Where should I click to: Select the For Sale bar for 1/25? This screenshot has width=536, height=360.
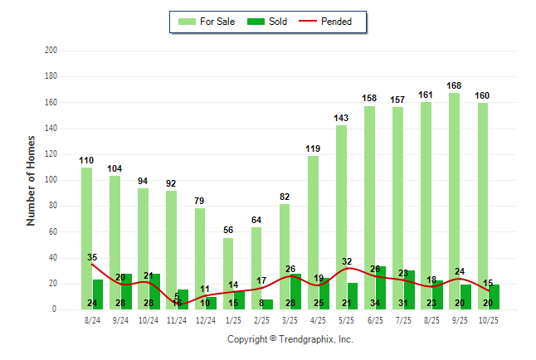click(x=228, y=273)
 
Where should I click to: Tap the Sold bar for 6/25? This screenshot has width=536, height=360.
click(x=380, y=288)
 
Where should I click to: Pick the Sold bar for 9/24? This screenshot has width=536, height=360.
click(x=126, y=291)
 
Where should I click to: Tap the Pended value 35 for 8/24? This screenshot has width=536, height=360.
click(x=92, y=258)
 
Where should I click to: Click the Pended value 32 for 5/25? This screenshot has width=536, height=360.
click(x=348, y=262)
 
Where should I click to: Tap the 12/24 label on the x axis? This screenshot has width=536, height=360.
click(x=205, y=320)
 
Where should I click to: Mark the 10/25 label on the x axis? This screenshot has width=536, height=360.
click(x=488, y=320)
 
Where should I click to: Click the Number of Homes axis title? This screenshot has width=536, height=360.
click(x=32, y=180)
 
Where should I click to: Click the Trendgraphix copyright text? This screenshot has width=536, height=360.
click(x=290, y=339)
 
